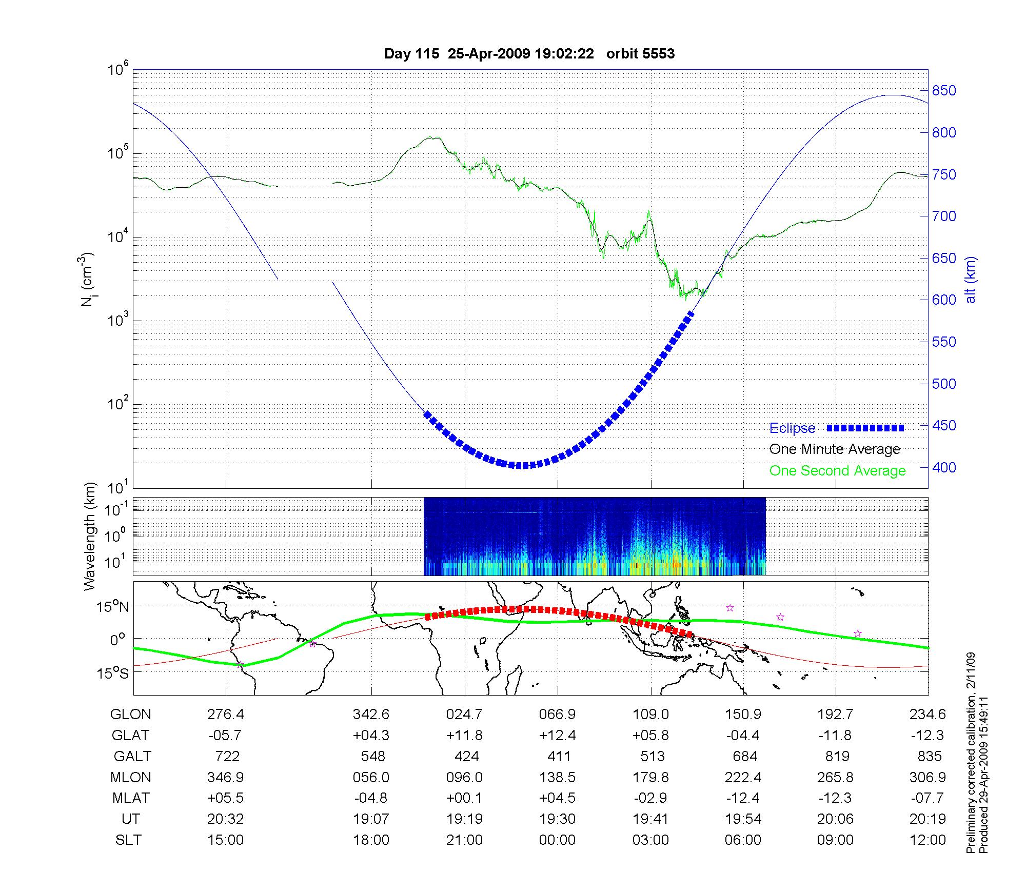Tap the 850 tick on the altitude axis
tap(944, 91)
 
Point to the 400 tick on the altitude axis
tap(944, 467)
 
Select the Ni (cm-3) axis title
tap(88, 280)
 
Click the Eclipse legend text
tap(792, 428)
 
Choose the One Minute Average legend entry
tap(835, 449)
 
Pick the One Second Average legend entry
tap(837, 471)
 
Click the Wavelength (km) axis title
tap(90, 536)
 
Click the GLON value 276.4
tap(225, 715)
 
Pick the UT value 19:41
tap(651, 819)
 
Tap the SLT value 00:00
tap(558, 840)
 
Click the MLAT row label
tap(131, 798)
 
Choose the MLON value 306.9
tap(928, 778)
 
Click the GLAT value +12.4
tap(558, 736)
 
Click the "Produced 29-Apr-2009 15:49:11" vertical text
tap(983, 775)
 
